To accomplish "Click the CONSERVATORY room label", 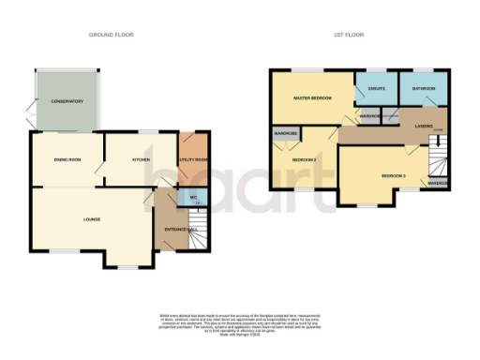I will tap(67, 101).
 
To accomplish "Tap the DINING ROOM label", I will tap(66, 160).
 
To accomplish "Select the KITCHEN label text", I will tap(142, 160).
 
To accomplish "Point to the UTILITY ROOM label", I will tap(192, 160).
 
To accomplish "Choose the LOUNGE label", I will tap(92, 219).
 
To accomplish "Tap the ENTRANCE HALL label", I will tap(179, 229).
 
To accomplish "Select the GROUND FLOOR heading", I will tap(112, 35).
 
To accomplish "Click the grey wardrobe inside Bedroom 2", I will tap(286, 133).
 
